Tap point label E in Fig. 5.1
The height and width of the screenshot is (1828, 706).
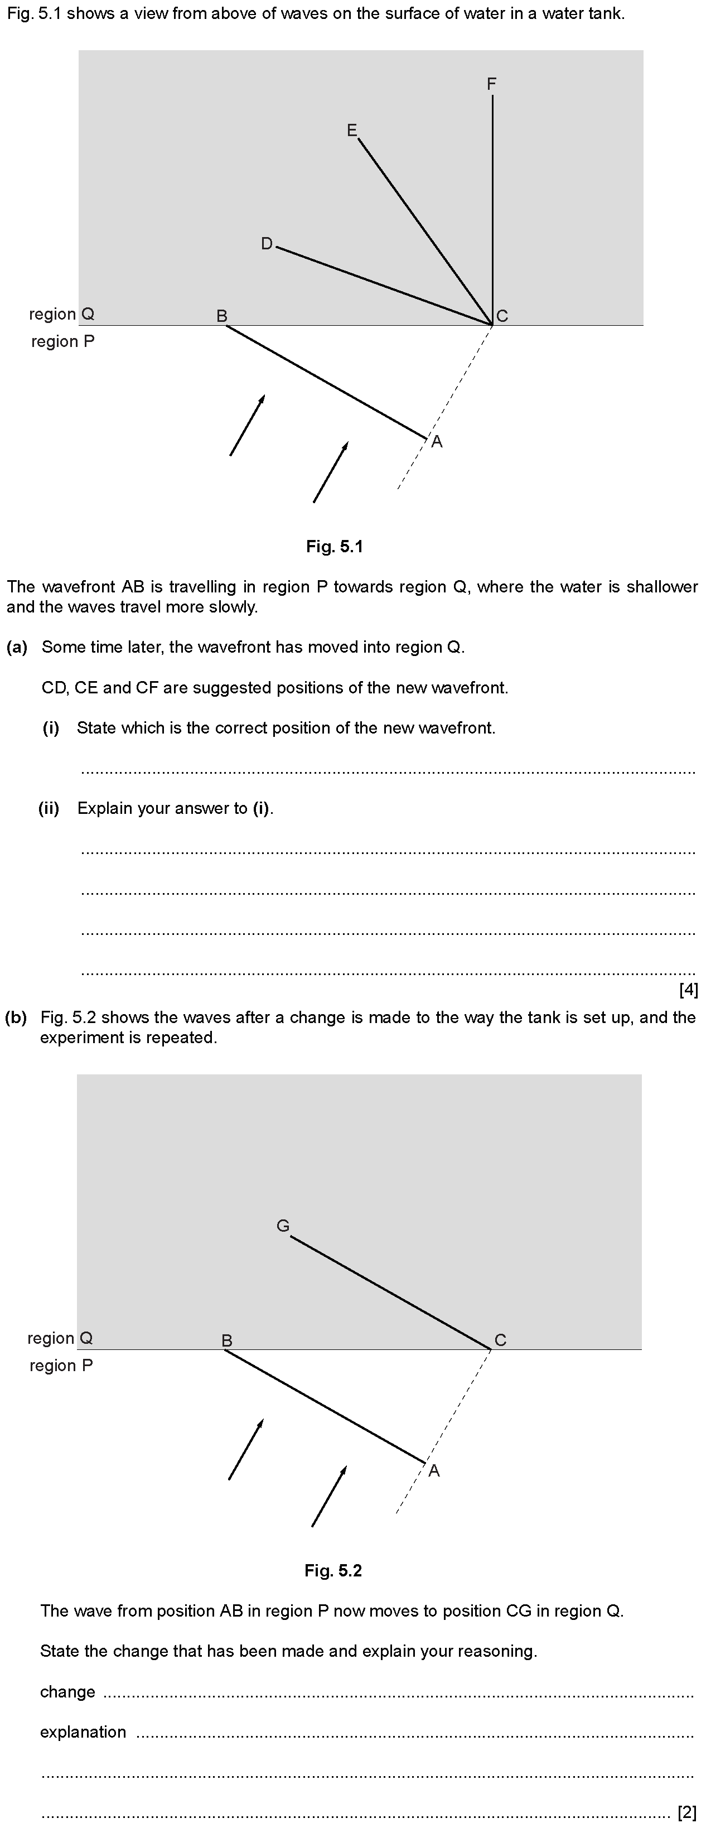(351, 131)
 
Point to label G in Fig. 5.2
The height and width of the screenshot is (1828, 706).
(282, 1226)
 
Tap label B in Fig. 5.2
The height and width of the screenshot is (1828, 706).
(227, 1340)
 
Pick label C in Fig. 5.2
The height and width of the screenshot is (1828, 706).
(500, 1340)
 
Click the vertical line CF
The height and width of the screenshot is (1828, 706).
(492, 213)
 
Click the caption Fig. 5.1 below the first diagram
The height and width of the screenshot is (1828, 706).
(334, 547)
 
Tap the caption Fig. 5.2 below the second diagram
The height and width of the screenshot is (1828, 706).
(333, 1570)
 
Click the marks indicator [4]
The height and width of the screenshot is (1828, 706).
(688, 990)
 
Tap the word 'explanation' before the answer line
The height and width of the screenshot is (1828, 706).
(83, 1731)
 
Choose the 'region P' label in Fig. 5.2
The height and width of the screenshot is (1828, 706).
(61, 1366)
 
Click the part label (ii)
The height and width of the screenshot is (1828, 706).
(49, 808)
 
